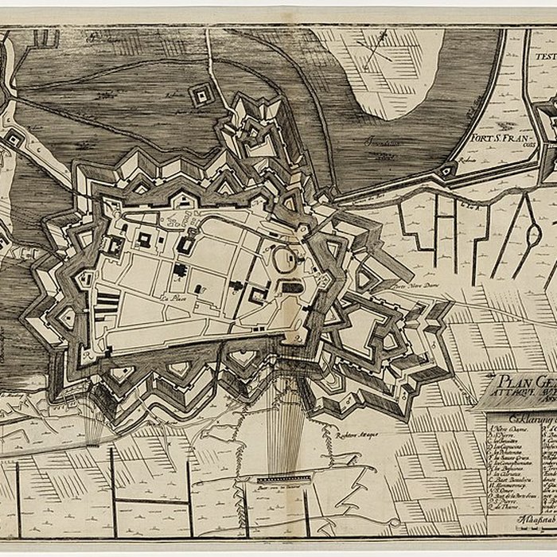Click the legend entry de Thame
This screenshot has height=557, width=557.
(505, 524)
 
